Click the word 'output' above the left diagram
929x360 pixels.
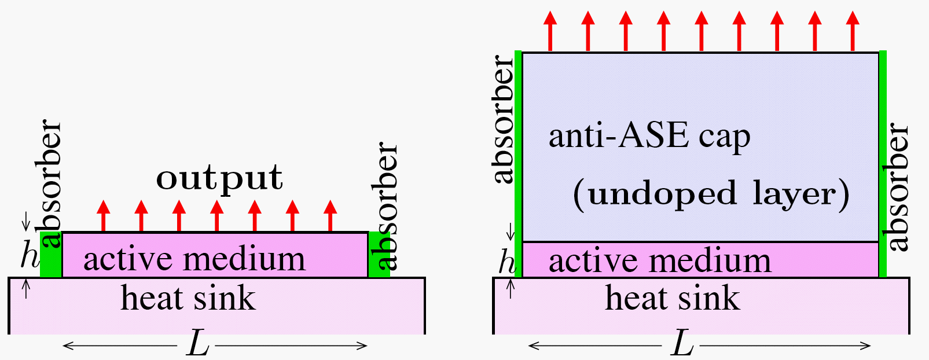(219, 178)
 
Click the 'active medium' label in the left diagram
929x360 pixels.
(194, 259)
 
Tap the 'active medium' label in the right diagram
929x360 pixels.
(660, 260)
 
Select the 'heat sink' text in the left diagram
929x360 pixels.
(188, 298)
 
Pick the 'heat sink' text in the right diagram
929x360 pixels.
(673, 298)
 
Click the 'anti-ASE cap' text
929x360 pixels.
(649, 137)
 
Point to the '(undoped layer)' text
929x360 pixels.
(711, 194)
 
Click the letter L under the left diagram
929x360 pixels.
(197, 345)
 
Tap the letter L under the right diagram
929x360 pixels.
(682, 345)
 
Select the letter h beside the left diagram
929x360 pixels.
(29, 255)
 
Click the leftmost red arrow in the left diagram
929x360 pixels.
(103, 215)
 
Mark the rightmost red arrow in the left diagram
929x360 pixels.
(330, 215)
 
